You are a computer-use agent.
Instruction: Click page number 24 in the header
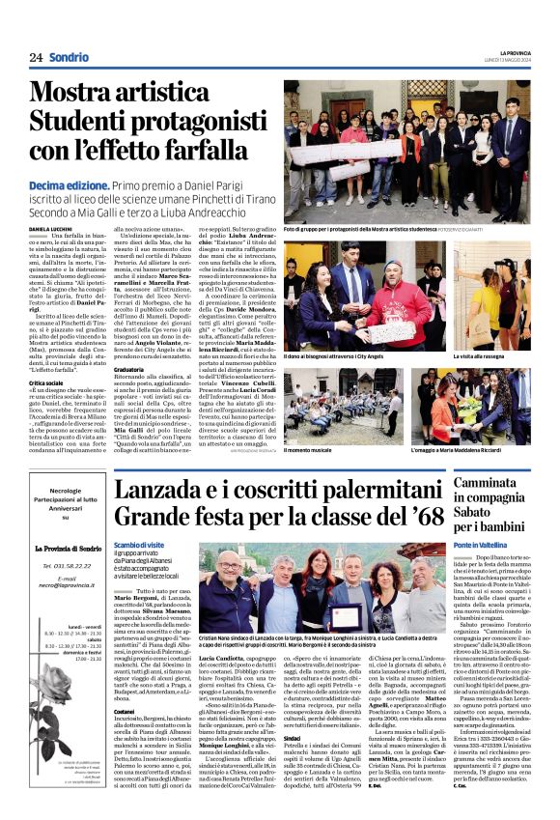[x=36, y=58]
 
